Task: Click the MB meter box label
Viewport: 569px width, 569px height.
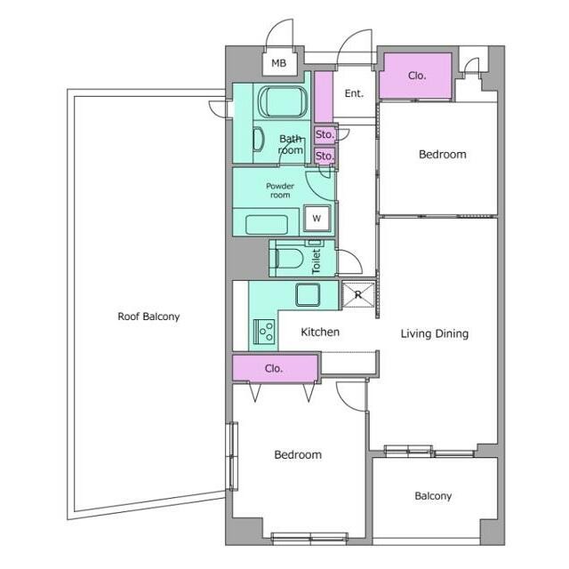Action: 278,63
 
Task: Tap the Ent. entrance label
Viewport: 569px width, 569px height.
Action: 354,93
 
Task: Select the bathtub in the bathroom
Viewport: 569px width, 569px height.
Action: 283,102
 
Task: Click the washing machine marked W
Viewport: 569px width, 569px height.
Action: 317,218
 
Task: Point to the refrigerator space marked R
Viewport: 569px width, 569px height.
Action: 358,294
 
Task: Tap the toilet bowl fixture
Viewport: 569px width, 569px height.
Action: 289,259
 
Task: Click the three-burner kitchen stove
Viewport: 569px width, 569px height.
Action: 264,332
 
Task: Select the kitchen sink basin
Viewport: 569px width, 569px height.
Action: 308,294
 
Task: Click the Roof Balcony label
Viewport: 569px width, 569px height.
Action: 148,317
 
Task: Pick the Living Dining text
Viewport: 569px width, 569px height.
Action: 435,334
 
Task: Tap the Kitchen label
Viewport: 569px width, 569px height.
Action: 320,332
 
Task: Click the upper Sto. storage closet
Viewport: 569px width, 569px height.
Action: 325,134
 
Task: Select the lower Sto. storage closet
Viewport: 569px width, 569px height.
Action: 325,156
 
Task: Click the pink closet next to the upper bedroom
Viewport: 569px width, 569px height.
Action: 416,76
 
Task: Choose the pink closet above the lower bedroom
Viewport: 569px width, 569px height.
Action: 275,368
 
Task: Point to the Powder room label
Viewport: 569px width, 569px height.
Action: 280,190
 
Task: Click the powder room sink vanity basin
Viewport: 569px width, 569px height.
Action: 267,225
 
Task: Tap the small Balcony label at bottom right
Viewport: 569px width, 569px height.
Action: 433,496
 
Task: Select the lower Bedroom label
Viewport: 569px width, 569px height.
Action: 298,454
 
